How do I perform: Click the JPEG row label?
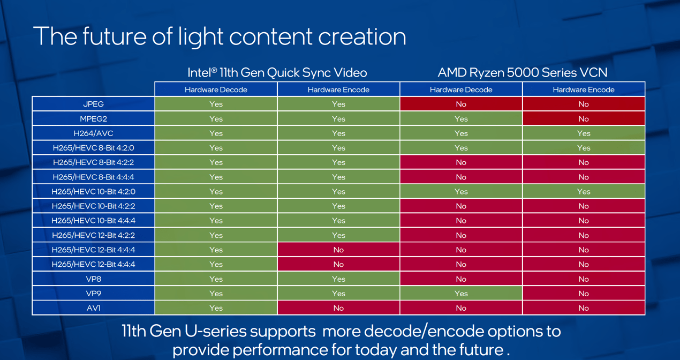93,104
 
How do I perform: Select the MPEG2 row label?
93,119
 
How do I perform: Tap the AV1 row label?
93,308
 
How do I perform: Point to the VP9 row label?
93,294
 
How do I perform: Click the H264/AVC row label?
93,133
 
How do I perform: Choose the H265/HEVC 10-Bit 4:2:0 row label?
93,192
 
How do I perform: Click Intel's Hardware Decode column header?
216,89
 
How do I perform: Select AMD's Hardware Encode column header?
584,89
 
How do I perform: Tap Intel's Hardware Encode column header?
338,89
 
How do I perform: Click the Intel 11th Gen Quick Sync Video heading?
277,72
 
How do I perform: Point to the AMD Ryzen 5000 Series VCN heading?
522,72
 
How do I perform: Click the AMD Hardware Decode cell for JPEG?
461,104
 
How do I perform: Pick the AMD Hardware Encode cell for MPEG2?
584,119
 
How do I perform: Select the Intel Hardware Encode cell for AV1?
338,308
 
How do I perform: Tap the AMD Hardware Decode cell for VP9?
461,294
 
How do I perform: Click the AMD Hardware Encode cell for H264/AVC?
584,133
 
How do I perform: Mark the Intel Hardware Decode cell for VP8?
216,279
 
